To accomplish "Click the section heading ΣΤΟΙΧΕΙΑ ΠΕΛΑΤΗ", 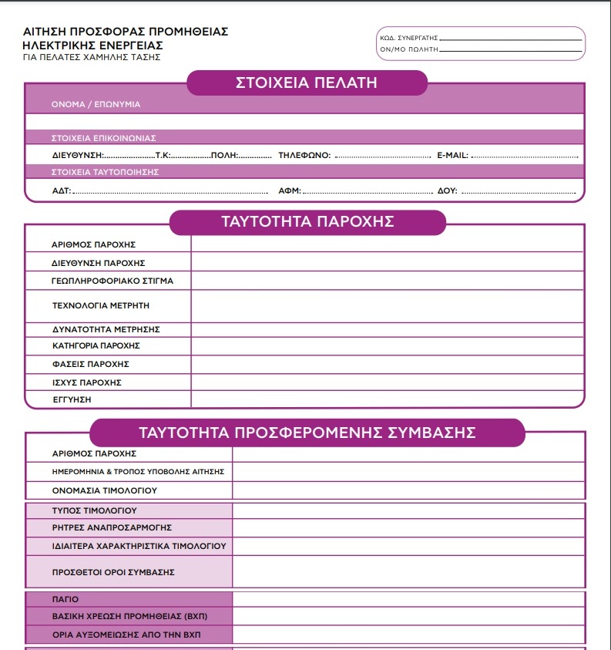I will coord(306,83).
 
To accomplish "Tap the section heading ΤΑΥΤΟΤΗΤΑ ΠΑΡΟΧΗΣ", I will coord(307,222).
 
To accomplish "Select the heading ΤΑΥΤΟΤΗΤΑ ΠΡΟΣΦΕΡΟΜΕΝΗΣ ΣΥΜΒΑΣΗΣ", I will coord(307,433).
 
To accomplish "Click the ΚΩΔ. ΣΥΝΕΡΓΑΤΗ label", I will coord(408,38).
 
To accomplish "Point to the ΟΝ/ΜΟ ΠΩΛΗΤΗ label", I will coord(408,49).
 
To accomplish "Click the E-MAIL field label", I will coord(452,156).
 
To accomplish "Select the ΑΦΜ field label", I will coord(289,190).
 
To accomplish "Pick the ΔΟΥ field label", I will coord(447,190).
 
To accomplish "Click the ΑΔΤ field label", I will coord(61,190).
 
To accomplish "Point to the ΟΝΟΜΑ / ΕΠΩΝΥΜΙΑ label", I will coord(96,104).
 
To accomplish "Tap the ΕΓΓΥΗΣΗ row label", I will coord(72,399).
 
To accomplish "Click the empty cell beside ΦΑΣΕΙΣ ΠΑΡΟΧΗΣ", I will coord(388,364).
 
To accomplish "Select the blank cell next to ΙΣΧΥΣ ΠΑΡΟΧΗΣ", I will coord(388,382).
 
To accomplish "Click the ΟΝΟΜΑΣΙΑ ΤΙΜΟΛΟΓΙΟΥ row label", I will coord(105,490).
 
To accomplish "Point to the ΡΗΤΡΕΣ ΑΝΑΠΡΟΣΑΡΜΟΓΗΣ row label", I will coord(112,527).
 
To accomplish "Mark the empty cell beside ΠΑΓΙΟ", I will coord(408,599).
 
